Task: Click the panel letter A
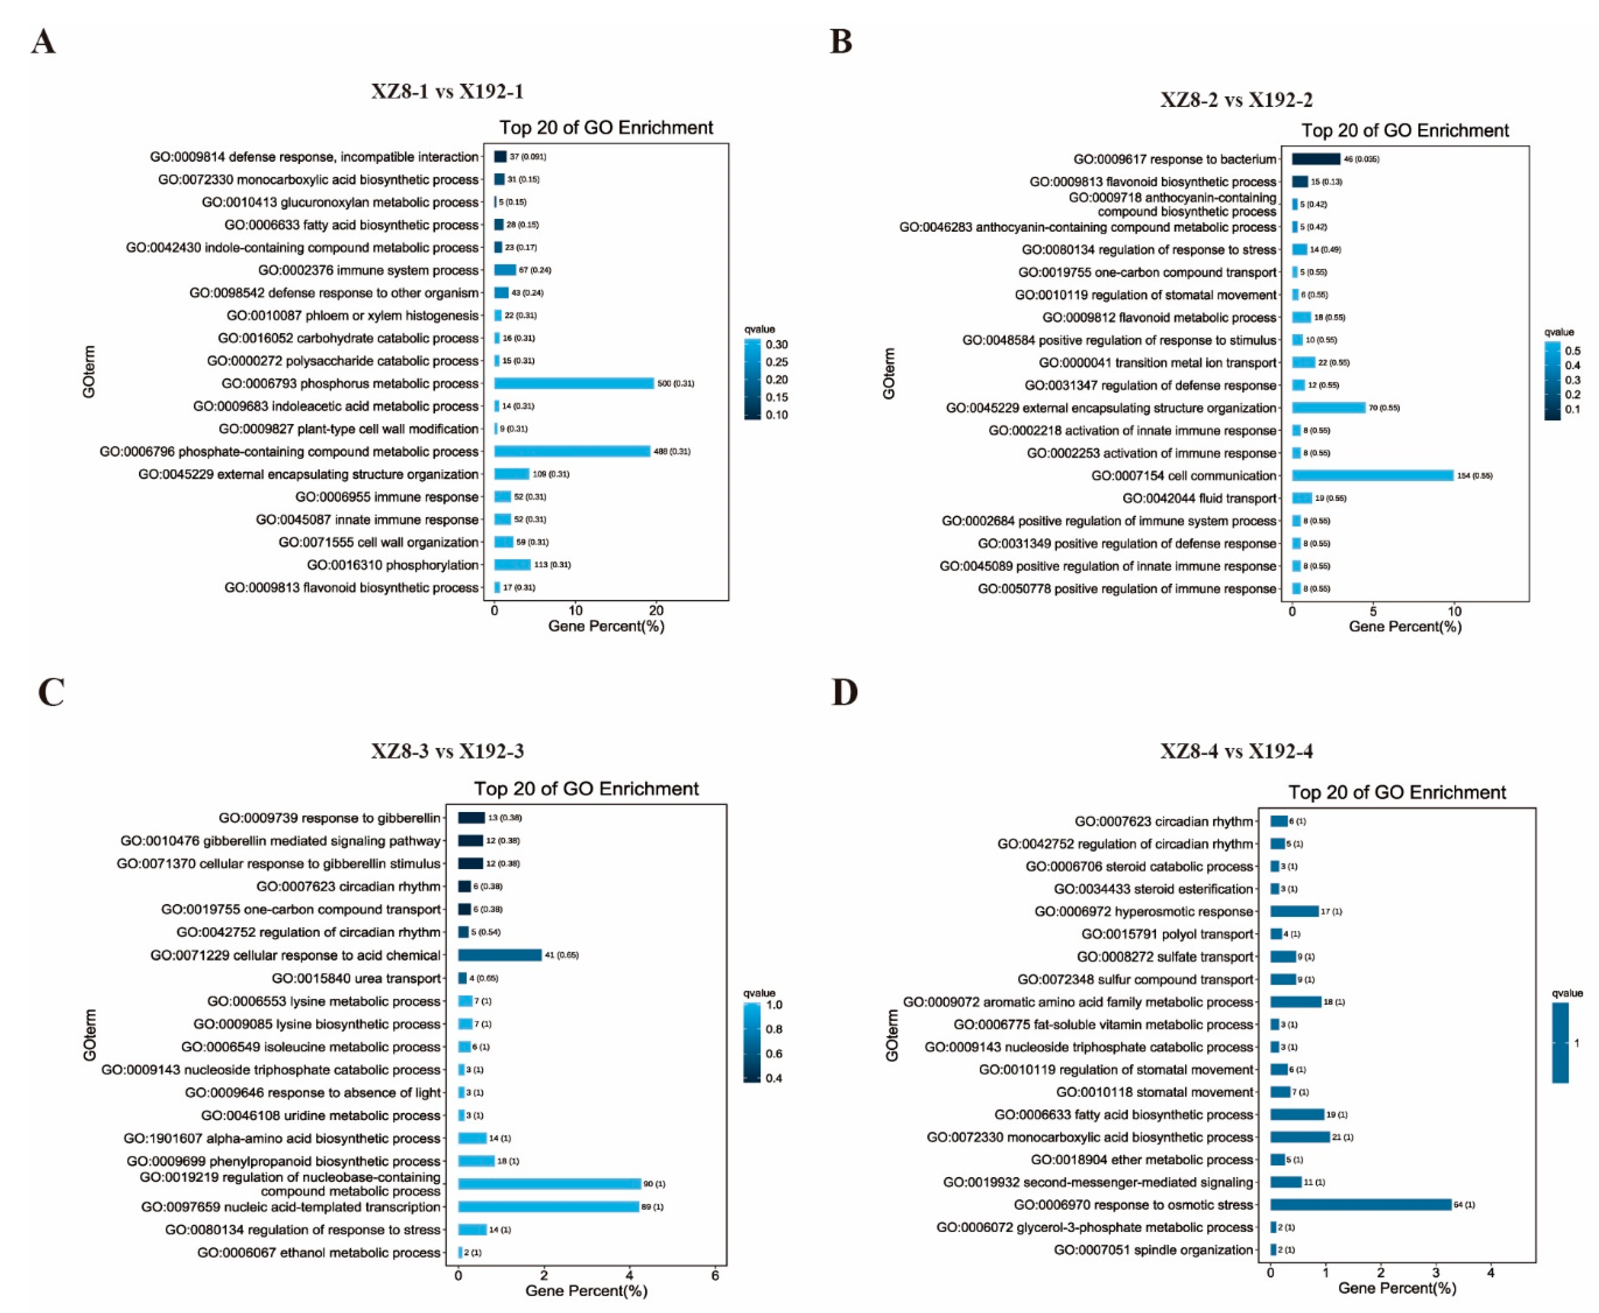[x=43, y=41]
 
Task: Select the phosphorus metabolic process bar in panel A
[x=573, y=383]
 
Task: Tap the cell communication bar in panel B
[x=1372, y=476]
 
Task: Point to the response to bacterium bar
[x=1316, y=159]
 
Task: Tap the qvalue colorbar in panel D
[x=1560, y=1043]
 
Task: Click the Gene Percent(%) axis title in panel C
[x=586, y=1290]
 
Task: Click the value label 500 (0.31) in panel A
[x=675, y=383]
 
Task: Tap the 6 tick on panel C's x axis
[x=715, y=1275]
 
